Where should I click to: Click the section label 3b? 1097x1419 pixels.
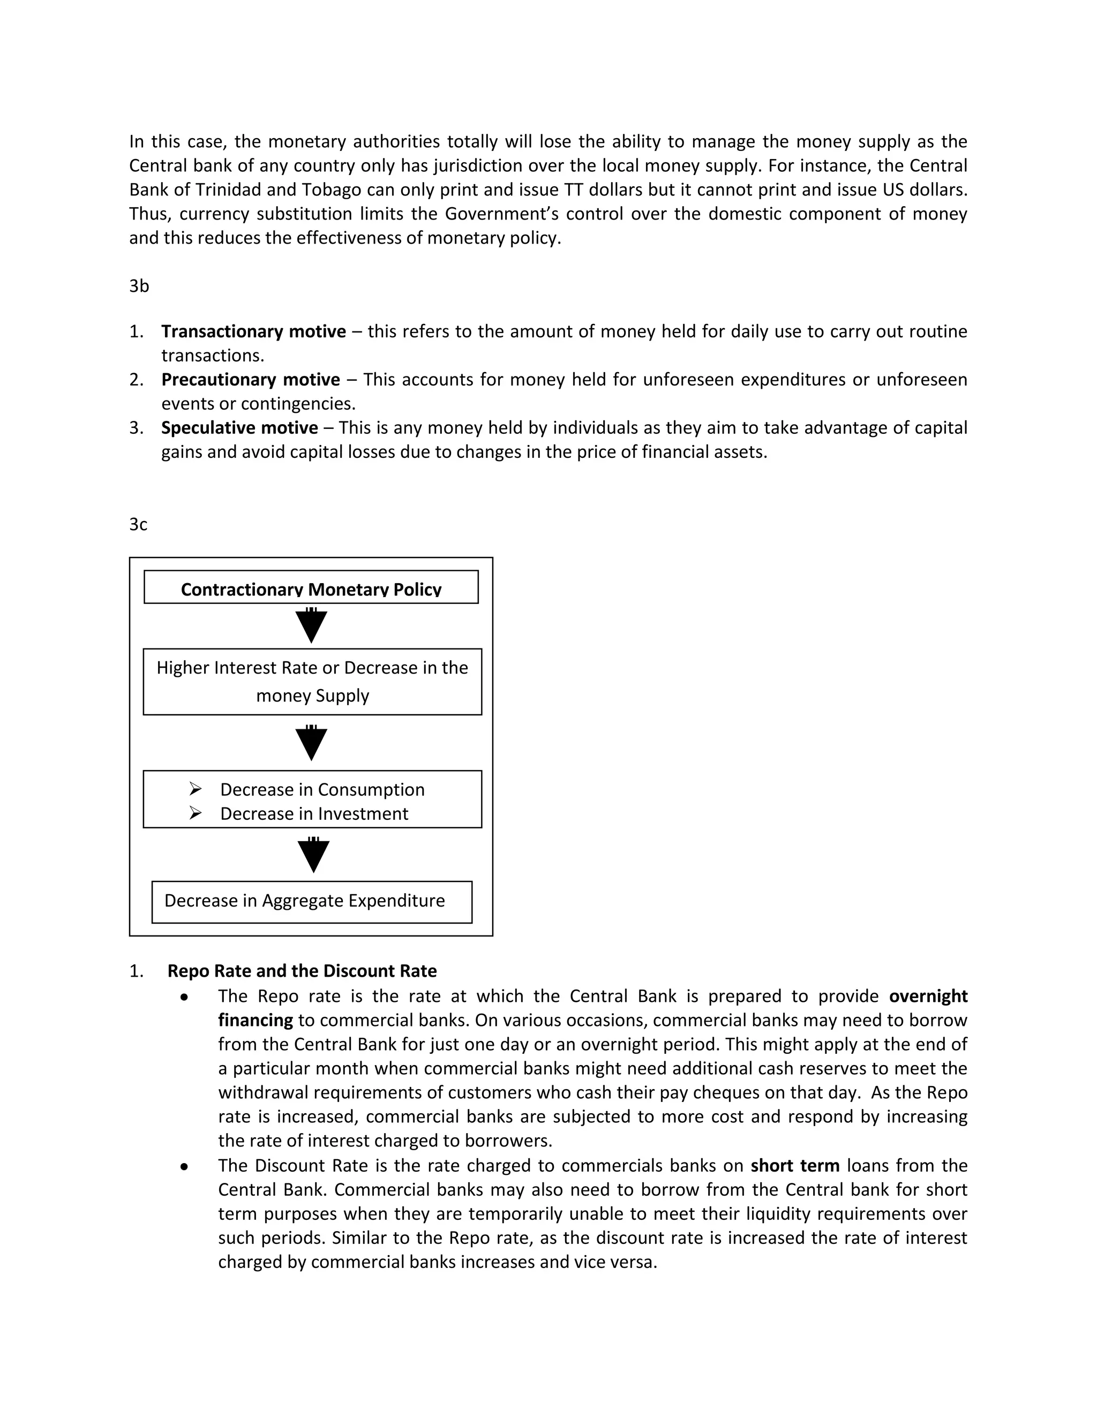click(139, 286)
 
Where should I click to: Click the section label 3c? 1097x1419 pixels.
click(138, 524)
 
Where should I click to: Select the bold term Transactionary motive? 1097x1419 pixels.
click(253, 331)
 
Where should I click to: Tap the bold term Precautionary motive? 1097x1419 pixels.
click(251, 380)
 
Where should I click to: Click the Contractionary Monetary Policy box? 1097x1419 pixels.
click(311, 587)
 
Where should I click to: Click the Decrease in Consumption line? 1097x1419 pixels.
click(322, 789)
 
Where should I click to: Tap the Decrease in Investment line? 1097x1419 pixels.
click(314, 813)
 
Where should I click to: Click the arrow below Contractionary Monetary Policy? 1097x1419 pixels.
click(311, 625)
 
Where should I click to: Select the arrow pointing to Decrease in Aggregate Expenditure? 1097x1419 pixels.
click(314, 855)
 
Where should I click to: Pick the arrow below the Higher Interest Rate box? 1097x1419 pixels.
click(311, 743)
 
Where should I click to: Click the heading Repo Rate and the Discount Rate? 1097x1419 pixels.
click(302, 971)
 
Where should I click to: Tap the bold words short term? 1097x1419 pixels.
click(795, 1166)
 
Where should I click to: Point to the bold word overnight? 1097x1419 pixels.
click(928, 996)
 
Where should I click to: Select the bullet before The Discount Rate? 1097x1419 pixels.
click(185, 1167)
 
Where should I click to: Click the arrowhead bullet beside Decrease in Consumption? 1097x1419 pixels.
click(196, 789)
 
